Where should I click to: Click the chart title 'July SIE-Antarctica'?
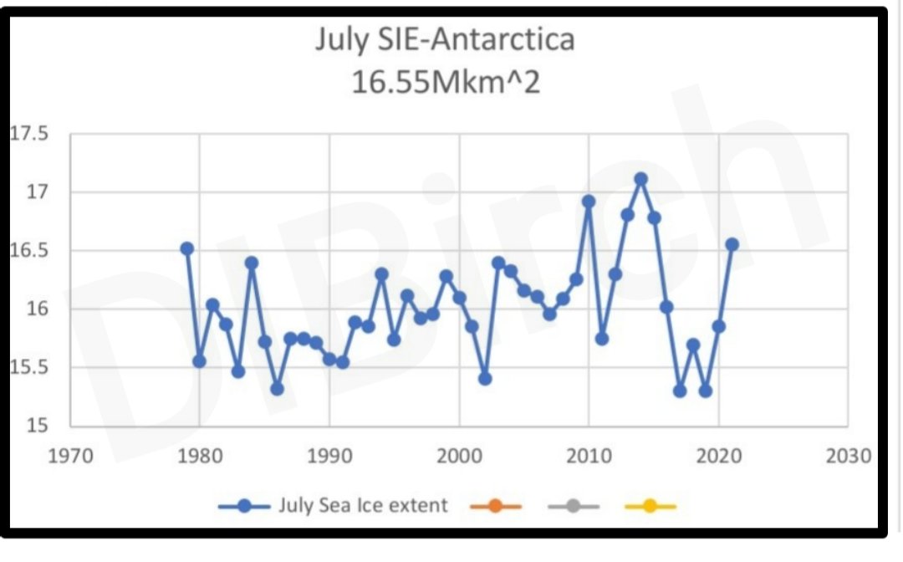445,40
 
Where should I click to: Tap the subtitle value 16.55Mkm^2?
445,83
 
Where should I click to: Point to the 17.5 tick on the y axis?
29,135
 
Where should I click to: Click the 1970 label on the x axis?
70,457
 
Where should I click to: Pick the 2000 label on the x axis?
459,457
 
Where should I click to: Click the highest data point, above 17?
640,179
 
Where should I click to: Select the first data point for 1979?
187,248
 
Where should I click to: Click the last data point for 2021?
732,244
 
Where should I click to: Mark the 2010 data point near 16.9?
589,202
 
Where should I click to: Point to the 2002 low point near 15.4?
485,379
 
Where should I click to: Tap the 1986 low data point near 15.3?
277,389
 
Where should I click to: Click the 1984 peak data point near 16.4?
252,263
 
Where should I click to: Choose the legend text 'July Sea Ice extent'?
363,506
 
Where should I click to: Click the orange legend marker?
495,506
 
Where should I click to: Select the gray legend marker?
574,506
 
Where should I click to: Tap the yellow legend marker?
650,506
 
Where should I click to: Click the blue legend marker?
244,506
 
